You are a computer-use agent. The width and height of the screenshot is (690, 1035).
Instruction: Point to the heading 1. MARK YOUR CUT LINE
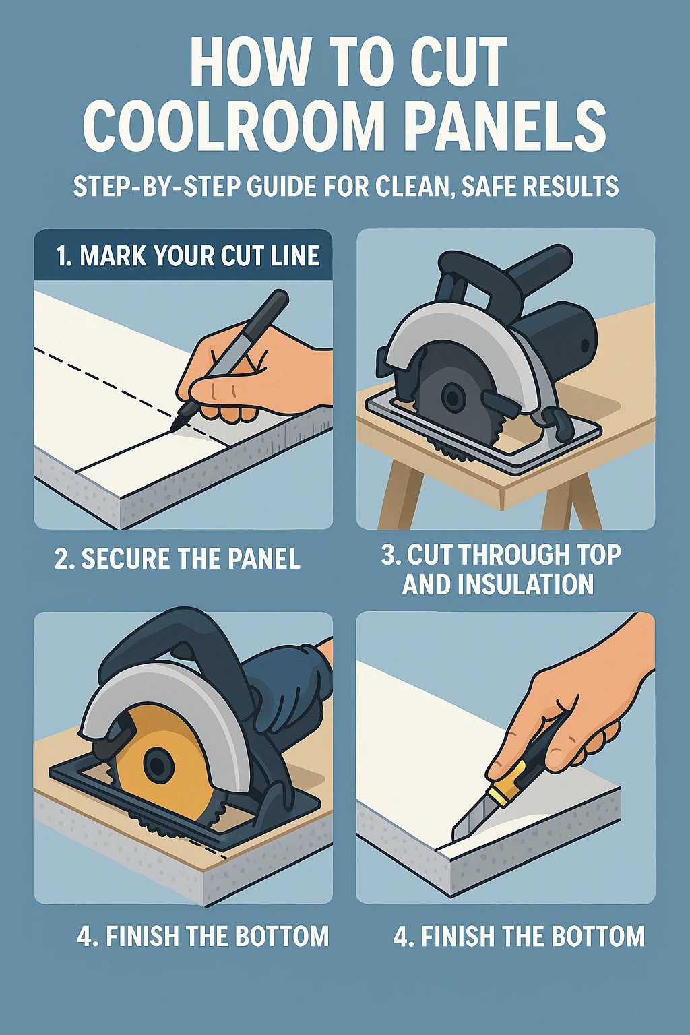pyautogui.click(x=187, y=256)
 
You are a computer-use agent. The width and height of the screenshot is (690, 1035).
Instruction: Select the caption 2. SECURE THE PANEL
pyautogui.click(x=178, y=559)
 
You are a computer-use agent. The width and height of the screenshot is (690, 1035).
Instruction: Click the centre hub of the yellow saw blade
pyautogui.click(x=158, y=765)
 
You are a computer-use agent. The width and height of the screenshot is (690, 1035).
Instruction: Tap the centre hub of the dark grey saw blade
pyautogui.click(x=453, y=398)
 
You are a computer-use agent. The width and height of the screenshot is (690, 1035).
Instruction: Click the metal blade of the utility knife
pyautogui.click(x=468, y=819)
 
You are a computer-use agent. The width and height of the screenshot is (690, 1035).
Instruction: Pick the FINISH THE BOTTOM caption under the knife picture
pyautogui.click(x=519, y=937)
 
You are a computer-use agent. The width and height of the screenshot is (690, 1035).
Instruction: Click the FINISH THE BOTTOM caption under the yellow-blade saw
pyautogui.click(x=203, y=937)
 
